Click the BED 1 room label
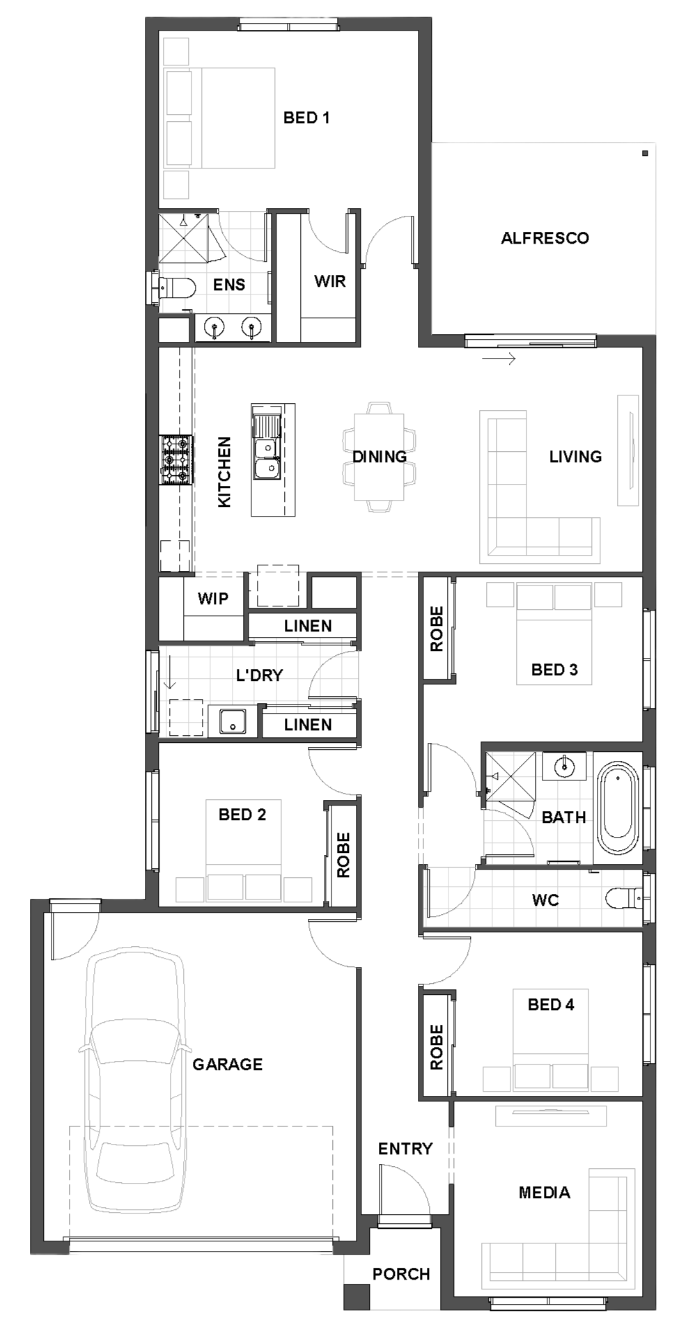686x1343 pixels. point(306,118)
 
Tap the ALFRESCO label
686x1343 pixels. point(545,238)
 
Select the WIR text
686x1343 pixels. point(329,281)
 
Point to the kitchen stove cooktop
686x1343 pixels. point(176,460)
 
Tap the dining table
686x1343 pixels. point(379,457)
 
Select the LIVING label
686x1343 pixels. point(575,457)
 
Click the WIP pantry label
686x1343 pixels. point(212,599)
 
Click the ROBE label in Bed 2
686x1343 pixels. point(343,855)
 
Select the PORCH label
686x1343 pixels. point(401,1274)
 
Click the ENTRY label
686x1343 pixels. point(405,1149)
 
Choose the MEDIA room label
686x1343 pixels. point(545,1193)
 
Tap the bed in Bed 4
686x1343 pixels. point(551,1039)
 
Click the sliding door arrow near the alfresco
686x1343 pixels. point(499,359)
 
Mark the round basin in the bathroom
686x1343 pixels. point(563,767)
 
